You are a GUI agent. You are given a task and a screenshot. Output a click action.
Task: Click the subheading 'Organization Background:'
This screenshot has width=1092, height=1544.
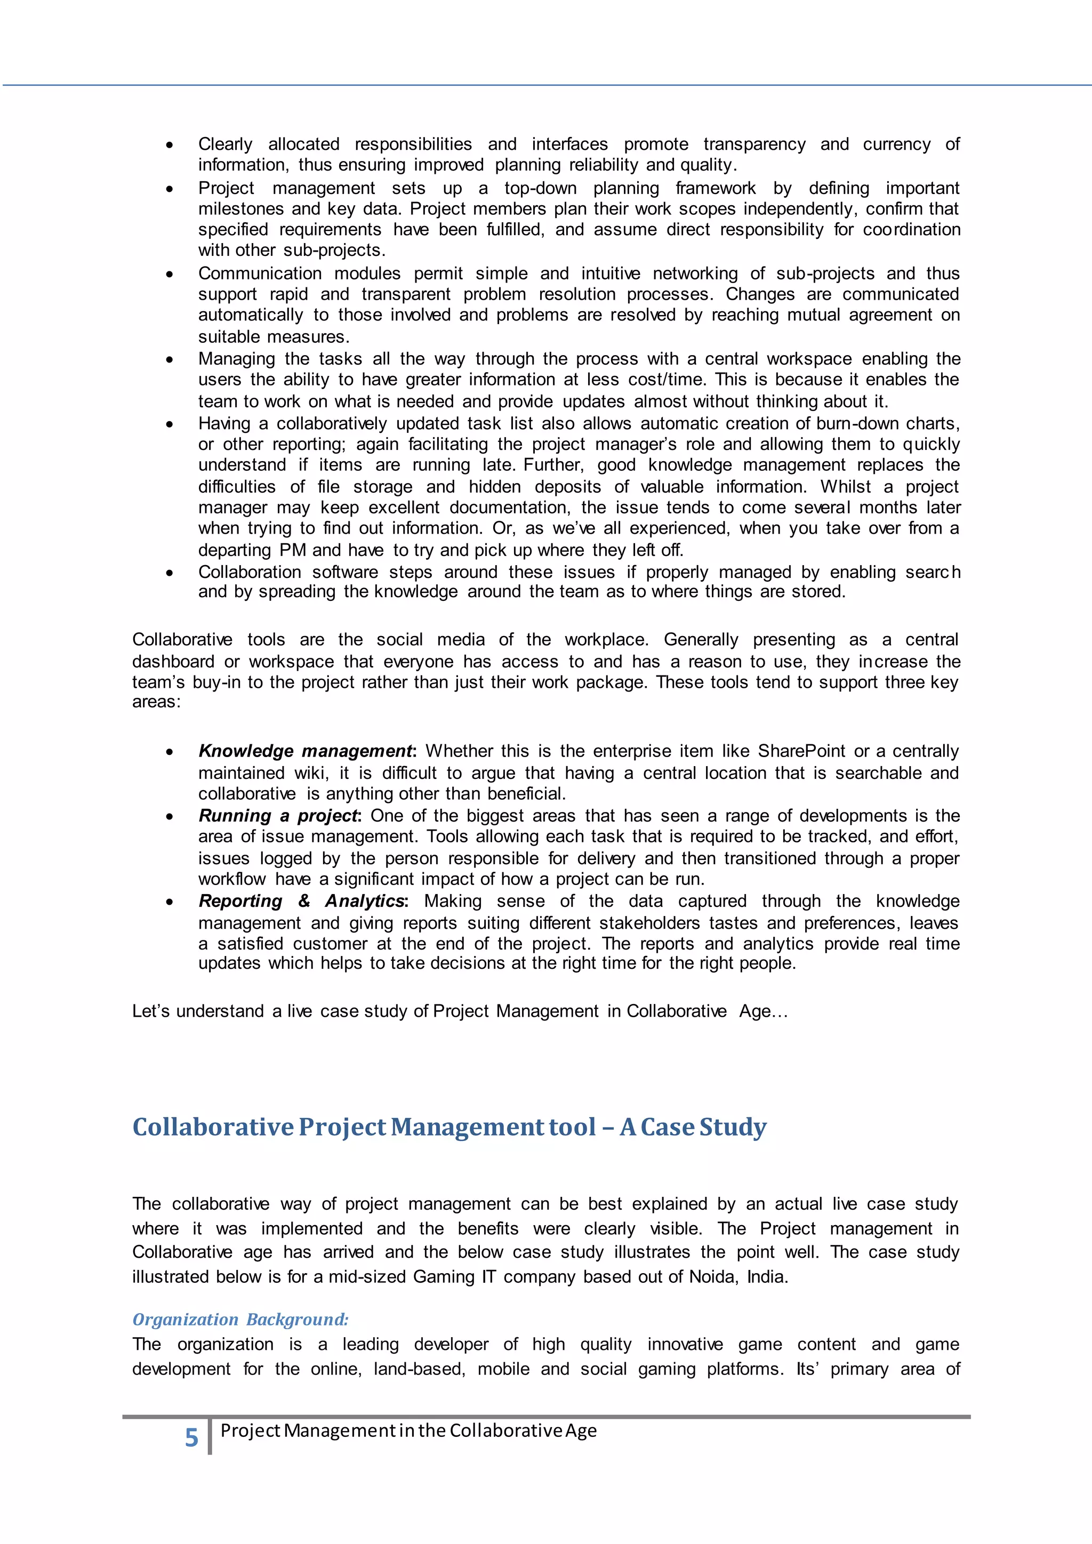point(240,1320)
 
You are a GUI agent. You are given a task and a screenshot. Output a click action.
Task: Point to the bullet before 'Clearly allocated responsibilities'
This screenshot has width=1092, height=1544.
point(170,145)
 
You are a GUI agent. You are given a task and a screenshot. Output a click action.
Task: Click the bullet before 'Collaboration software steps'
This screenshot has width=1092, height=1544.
point(170,573)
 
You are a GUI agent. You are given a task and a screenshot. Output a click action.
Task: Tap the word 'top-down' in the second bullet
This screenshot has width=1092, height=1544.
point(540,188)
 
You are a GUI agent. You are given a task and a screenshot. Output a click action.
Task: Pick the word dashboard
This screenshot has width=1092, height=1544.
point(173,662)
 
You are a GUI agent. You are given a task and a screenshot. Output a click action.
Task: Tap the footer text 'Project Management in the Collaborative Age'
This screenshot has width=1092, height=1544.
point(408,1430)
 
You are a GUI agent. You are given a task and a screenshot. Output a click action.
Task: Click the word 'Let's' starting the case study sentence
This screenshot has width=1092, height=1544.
point(151,1011)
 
